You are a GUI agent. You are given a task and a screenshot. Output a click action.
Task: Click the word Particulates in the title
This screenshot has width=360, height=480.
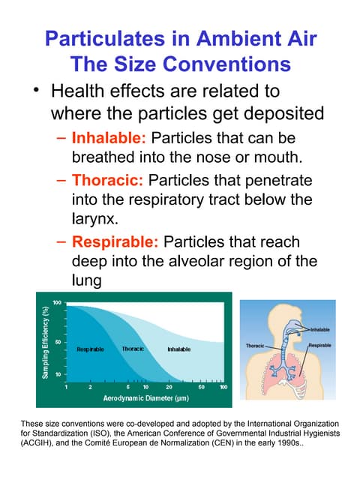106,38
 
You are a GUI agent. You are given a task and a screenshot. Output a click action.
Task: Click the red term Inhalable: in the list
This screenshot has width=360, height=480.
108,139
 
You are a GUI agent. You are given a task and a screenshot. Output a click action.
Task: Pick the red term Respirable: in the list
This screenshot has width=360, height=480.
115,242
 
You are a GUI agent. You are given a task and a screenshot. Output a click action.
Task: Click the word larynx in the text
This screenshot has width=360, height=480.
95,221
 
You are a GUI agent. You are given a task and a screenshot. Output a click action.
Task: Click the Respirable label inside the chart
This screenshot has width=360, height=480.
91,349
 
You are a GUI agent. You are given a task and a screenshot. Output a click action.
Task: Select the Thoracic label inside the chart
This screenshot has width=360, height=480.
133,349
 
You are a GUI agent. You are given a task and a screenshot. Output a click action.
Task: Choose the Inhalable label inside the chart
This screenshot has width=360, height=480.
178,349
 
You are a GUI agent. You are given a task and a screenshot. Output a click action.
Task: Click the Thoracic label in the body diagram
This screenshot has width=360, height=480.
255,345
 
